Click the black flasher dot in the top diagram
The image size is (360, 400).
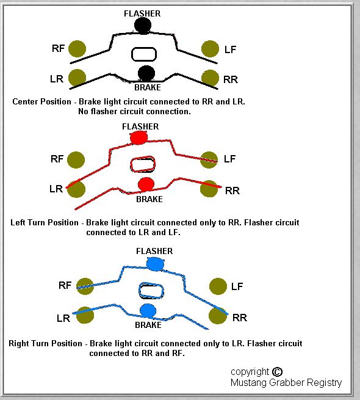point(143,25)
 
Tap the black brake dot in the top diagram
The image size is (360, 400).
point(146,73)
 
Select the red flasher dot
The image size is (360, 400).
point(139,137)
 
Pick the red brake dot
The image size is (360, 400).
point(146,184)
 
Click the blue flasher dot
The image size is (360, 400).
point(154,264)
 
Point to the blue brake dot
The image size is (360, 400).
point(148,311)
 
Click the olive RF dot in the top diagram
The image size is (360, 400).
point(77,49)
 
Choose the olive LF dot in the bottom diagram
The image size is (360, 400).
point(218,286)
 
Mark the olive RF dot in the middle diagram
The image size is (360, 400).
point(76,160)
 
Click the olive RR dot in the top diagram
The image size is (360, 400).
point(210,78)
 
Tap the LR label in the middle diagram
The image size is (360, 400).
point(56,189)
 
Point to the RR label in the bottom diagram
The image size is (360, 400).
point(240,318)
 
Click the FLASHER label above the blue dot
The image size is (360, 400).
point(154,251)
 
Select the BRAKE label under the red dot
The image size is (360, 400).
point(149,199)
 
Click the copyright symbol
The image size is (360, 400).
point(277,372)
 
